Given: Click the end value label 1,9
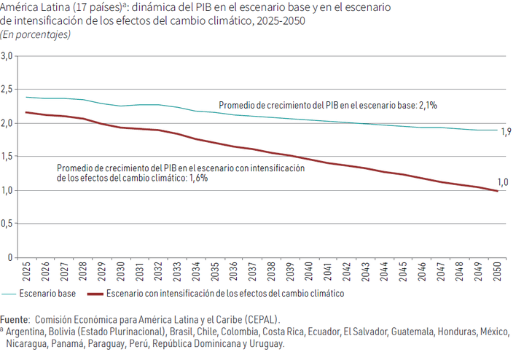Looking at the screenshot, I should coord(506,131).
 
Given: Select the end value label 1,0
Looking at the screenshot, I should coord(503,183).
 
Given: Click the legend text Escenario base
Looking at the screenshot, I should coord(47,294).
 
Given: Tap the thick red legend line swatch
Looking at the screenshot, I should coord(95,294).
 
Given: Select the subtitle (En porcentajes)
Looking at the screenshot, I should coord(36,35).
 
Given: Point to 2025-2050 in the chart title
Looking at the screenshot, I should coord(280,21).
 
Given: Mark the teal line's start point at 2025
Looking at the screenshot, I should coord(26,97).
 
